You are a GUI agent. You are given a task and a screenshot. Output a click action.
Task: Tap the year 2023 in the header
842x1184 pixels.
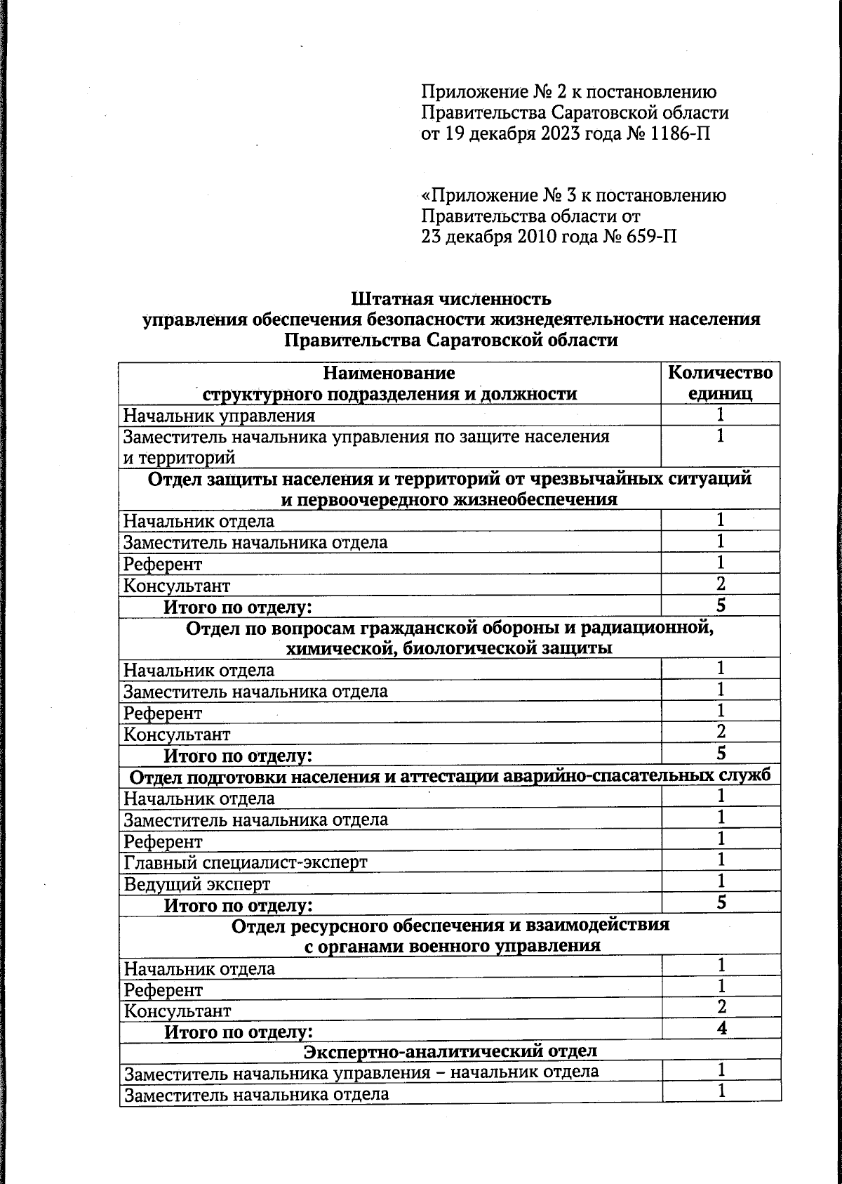pos(565,133)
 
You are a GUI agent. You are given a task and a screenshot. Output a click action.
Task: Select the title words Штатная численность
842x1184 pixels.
pos(451,299)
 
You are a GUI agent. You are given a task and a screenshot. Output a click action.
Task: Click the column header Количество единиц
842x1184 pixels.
pos(721,383)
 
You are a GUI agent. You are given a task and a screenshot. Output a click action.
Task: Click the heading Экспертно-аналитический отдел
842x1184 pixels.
pos(450,1051)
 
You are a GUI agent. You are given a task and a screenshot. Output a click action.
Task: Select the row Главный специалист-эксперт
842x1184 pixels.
pos(246,862)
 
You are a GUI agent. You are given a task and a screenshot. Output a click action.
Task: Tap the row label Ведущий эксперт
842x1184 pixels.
pos(197,884)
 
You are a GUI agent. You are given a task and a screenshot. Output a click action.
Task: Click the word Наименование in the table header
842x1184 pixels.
pos(389,372)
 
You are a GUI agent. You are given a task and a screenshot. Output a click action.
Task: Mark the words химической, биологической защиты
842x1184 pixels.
pos(450,647)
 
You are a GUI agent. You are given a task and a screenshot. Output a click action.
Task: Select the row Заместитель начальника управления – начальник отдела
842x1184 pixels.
pos(361,1072)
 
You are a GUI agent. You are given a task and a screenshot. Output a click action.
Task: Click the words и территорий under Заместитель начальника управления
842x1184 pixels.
pos(180,458)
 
